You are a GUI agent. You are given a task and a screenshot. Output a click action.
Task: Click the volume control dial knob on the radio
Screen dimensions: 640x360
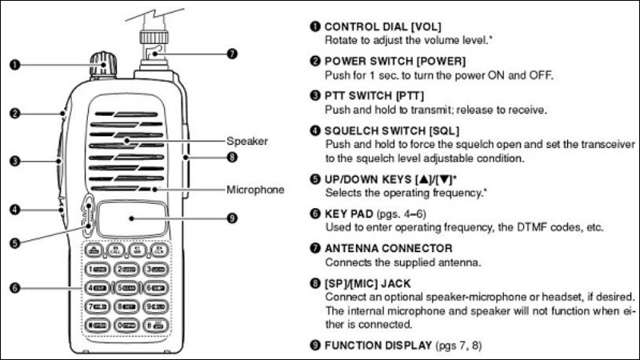103,65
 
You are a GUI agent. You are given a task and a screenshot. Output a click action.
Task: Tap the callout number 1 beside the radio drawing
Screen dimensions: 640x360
14,65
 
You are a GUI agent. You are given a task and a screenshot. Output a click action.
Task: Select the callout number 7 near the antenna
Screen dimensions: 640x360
232,54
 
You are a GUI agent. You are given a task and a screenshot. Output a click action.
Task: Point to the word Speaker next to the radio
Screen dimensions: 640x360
247,142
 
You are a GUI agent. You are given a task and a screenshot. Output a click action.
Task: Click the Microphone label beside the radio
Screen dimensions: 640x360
255,190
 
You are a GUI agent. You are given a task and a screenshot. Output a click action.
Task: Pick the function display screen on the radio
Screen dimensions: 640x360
131,218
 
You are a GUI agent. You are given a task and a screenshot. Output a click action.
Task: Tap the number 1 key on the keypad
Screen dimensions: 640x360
98,270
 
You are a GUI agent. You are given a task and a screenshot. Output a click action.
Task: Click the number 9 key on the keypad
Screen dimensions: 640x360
156,306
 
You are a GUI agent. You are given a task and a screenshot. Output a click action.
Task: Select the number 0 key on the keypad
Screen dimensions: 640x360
126,326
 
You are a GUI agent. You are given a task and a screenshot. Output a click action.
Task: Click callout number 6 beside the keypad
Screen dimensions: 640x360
14,288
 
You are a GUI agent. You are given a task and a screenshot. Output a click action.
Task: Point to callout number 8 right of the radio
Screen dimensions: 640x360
232,157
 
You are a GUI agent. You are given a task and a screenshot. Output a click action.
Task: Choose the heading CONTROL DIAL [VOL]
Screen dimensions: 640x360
382,27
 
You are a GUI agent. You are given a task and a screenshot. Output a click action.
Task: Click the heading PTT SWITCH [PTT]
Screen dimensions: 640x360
374,96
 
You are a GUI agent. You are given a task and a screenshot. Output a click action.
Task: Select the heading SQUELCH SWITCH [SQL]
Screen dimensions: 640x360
391,130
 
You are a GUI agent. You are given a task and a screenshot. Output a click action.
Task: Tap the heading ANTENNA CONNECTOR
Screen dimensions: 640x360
388,248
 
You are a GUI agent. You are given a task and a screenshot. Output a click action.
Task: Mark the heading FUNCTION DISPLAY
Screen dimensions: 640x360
378,346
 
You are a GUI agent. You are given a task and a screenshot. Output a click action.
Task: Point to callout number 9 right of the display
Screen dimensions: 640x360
232,218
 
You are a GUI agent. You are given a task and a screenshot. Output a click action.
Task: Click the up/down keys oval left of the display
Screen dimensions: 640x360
88,216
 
